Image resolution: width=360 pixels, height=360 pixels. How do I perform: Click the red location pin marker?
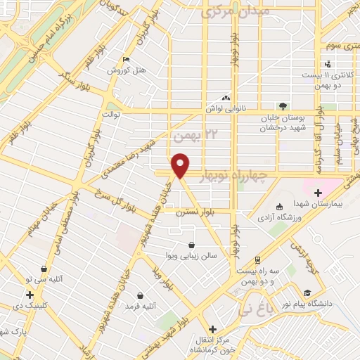click(x=181, y=165)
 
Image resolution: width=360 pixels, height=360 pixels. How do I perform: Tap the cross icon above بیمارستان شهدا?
click(x=318, y=192)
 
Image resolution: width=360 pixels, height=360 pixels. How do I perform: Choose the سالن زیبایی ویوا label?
click(x=192, y=255)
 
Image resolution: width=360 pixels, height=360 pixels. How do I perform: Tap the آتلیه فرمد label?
click(x=141, y=307)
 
